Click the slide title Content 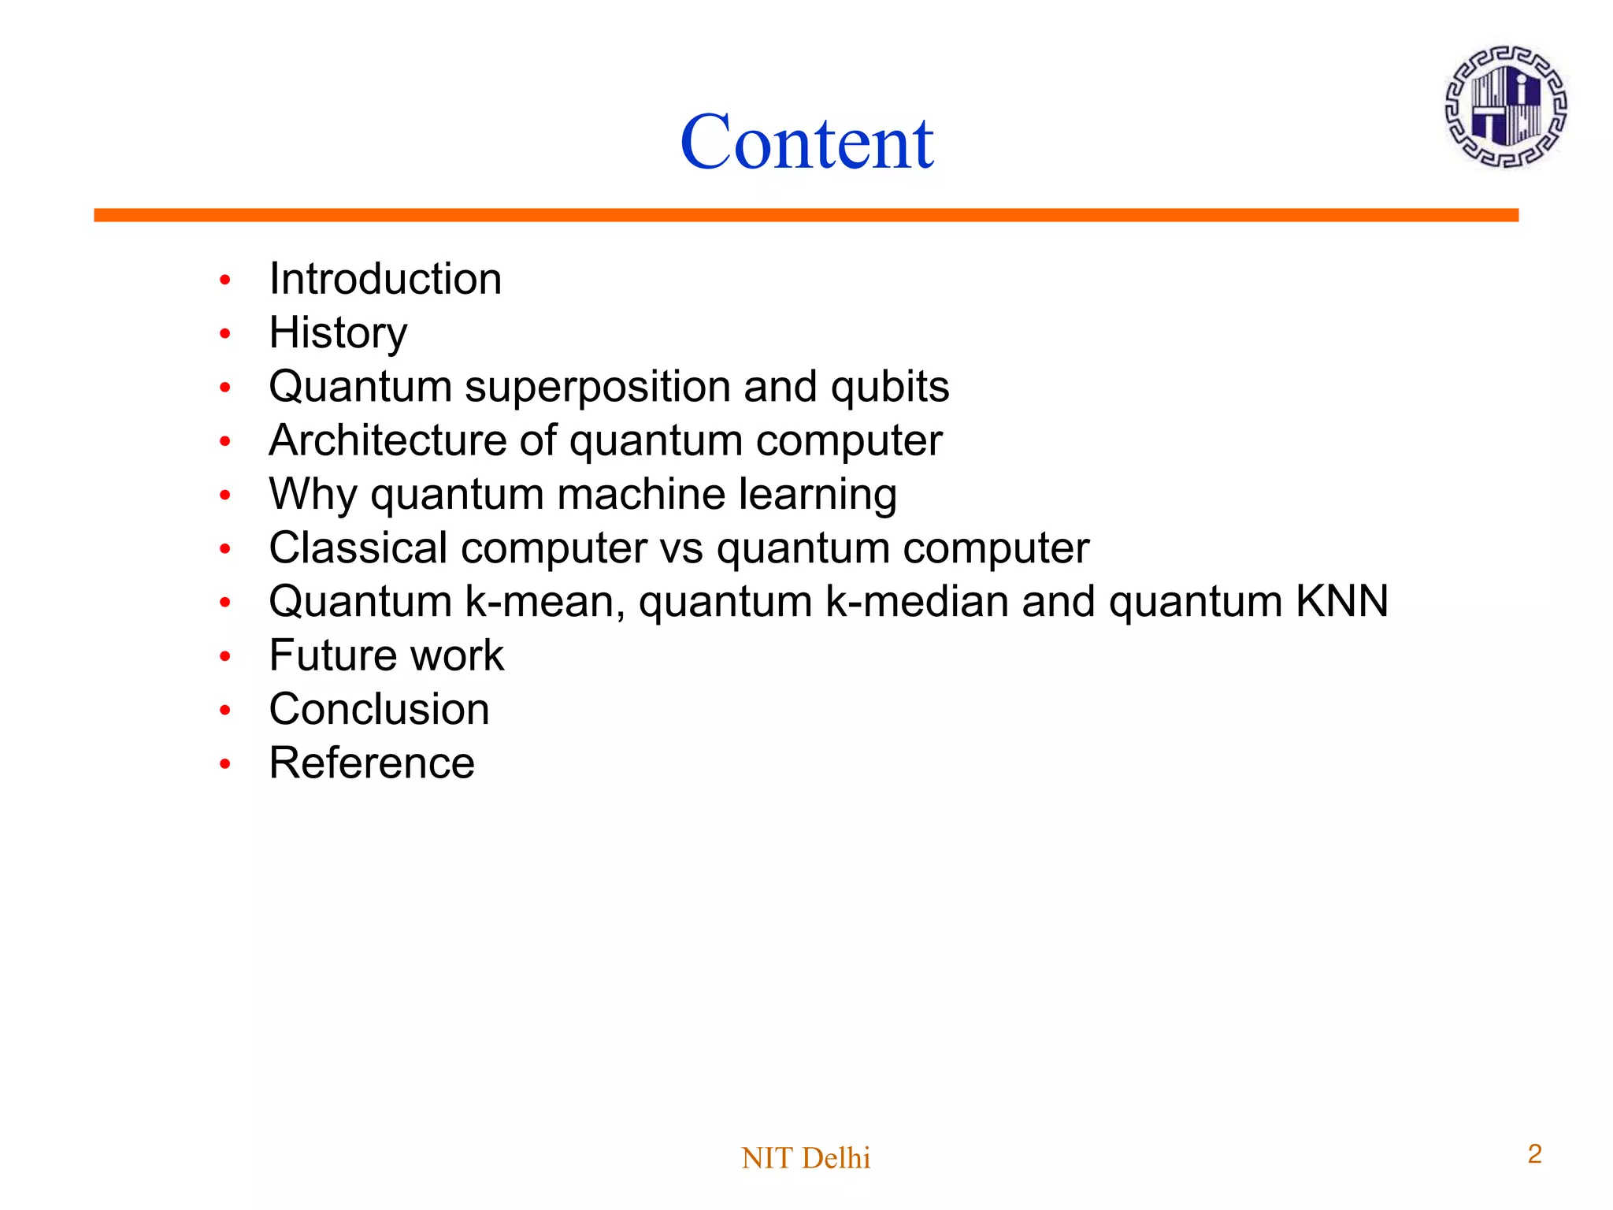[x=806, y=143]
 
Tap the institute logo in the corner [x=1505, y=106]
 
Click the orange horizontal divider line [x=806, y=215]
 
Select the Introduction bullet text [x=385, y=279]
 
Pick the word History [x=338, y=333]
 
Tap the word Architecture [x=387, y=440]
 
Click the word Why [x=313, y=495]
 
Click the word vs [x=681, y=549]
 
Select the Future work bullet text [x=386, y=655]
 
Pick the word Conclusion [x=379, y=709]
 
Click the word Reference [x=372, y=763]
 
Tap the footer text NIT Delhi [x=806, y=1158]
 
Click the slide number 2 [x=1534, y=1154]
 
